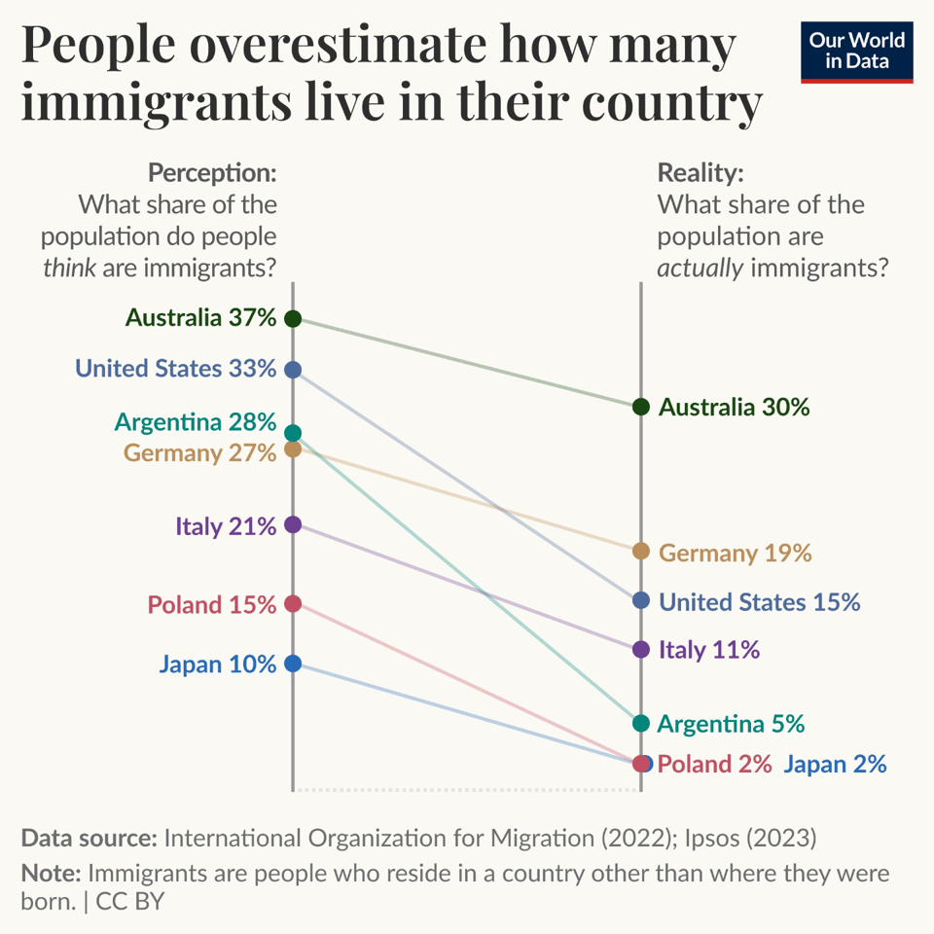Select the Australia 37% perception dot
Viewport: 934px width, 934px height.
coord(293,318)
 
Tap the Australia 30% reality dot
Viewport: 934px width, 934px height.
coord(640,407)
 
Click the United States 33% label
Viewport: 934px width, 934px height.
coord(176,369)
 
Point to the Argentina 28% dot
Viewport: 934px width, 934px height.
coord(293,433)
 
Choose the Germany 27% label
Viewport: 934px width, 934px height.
coord(199,452)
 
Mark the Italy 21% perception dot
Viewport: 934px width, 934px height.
coord(293,525)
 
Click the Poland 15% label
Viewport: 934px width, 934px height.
coord(212,604)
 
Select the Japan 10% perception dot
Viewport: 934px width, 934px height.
coord(293,664)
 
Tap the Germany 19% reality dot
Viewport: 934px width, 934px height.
coord(640,552)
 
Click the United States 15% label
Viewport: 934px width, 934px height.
coord(760,601)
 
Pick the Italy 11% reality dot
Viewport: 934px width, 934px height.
coord(640,649)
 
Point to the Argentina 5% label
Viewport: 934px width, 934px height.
coord(732,724)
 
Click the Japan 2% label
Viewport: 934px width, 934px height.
coord(835,764)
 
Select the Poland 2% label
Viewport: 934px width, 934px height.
coord(715,764)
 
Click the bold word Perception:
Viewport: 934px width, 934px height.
coord(212,174)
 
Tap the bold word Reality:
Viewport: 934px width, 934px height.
coord(700,174)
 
